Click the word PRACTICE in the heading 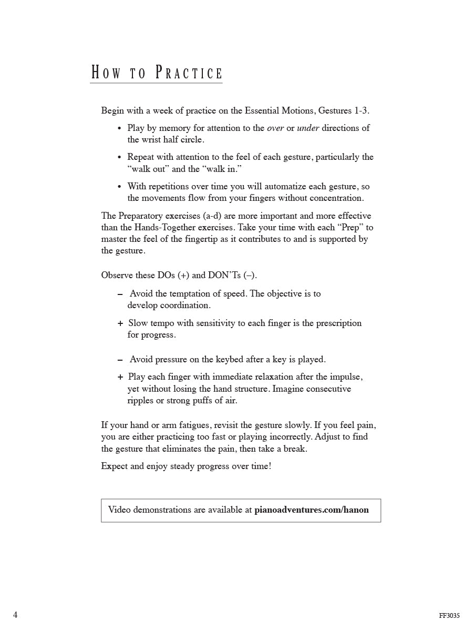pos(189,73)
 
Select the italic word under pos(308,128)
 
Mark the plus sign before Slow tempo pos(120,323)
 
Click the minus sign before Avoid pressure pos(120,360)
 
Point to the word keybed pos(230,360)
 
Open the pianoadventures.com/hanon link pos(311,510)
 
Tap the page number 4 pos(15,615)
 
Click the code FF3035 pos(449,616)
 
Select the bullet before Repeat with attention pos(120,157)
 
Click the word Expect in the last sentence pos(114,466)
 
